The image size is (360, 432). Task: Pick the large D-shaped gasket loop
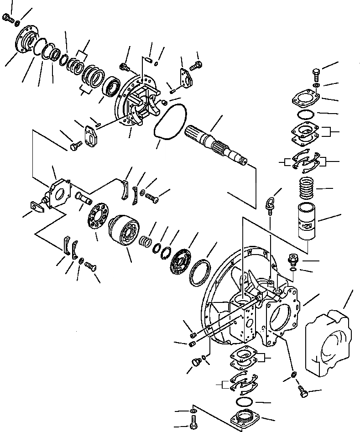click(x=170, y=121)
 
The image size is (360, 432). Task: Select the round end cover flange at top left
click(x=27, y=42)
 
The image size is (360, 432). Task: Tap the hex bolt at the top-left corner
click(x=8, y=18)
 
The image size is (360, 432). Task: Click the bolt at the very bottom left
click(x=192, y=427)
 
